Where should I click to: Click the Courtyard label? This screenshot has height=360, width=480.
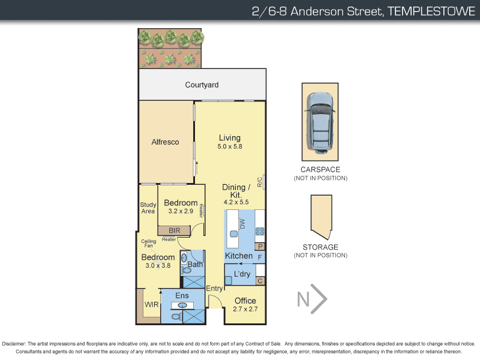pyautogui.click(x=202, y=85)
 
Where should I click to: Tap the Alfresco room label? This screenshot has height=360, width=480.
pyautogui.click(x=165, y=142)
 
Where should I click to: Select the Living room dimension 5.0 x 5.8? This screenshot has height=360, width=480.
pyautogui.click(x=229, y=146)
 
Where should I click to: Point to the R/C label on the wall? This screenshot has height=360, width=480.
pyautogui.click(x=260, y=182)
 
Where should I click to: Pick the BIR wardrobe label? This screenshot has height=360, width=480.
pyautogui.click(x=174, y=230)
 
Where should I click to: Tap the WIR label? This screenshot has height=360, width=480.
pyautogui.click(x=151, y=304)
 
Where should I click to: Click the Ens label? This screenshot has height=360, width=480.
pyautogui.click(x=182, y=296)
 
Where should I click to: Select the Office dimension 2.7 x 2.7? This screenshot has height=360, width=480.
pyautogui.click(x=245, y=310)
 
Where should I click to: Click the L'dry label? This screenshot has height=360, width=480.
pyautogui.click(x=241, y=274)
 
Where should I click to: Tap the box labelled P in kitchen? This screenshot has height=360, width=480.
pyautogui.click(x=260, y=246)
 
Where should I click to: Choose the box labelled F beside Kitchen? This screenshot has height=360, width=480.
pyautogui.click(x=260, y=257)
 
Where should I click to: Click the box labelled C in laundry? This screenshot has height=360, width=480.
pyautogui.click(x=260, y=280)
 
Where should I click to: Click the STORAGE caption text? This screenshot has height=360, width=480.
pyautogui.click(x=320, y=247)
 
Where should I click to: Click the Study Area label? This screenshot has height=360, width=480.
pyautogui.click(x=148, y=208)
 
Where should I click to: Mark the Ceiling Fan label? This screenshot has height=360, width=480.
pyautogui.click(x=149, y=244)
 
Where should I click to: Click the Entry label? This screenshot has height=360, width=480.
pyautogui.click(x=214, y=289)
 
